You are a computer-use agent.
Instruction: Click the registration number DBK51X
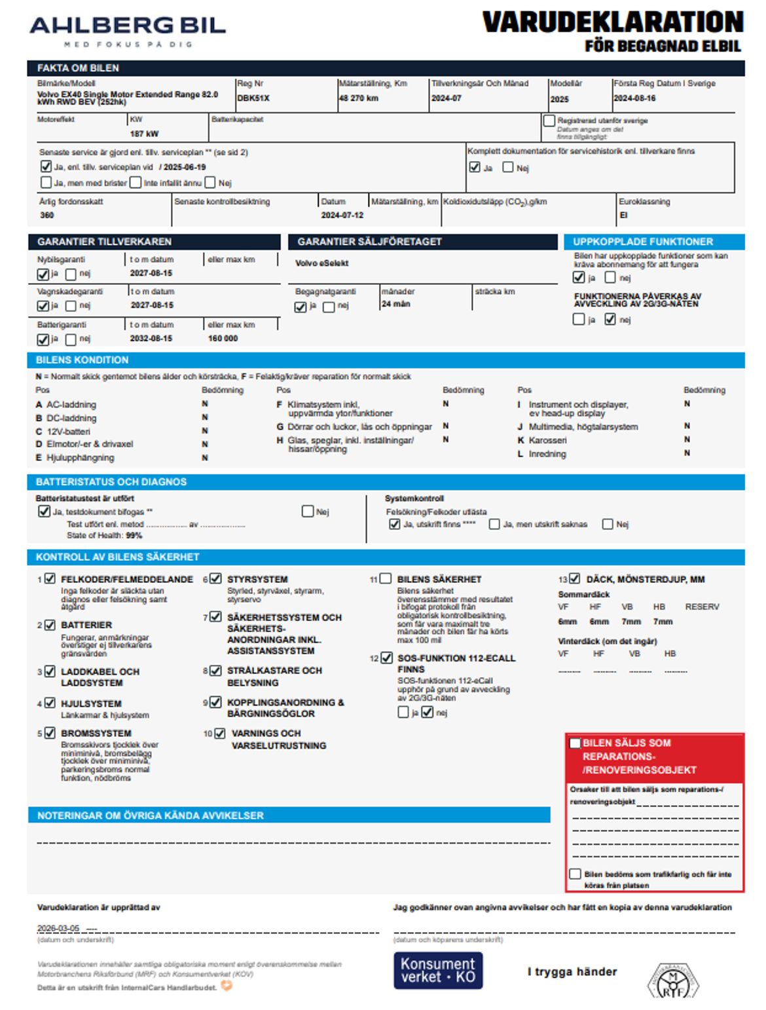tap(253, 98)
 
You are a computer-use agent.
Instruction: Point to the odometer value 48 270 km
tap(359, 98)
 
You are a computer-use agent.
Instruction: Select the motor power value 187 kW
tap(144, 134)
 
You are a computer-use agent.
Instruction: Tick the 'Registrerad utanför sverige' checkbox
tap(549, 121)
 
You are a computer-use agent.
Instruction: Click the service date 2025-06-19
tap(185, 167)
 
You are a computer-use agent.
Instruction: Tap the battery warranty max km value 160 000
tap(223, 339)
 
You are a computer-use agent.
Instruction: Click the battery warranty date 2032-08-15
tap(151, 339)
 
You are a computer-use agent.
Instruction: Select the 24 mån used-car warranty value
tap(395, 304)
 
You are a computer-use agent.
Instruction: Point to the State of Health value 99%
tap(134, 535)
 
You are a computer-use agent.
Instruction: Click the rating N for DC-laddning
tap(205, 417)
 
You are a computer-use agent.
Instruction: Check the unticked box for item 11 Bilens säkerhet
tap(386, 578)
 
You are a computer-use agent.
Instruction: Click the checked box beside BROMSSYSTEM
tap(50, 733)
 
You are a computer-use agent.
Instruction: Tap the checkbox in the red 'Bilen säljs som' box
tap(575, 743)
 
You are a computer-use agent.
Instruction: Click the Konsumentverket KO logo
tap(438, 970)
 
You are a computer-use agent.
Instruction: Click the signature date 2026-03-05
tap(58, 928)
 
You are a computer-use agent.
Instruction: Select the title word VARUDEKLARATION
tap(613, 22)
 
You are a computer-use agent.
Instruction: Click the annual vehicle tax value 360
tap(47, 215)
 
